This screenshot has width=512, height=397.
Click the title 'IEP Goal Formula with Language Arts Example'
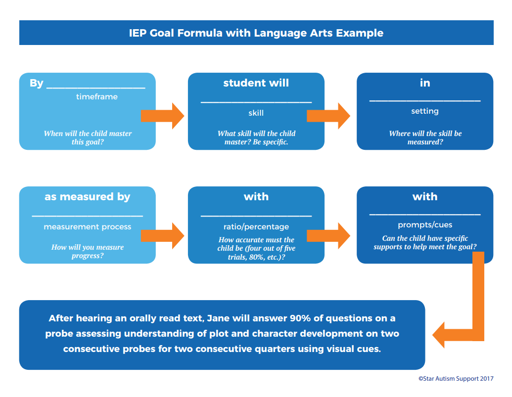(256, 33)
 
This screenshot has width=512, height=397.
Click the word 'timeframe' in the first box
(97, 97)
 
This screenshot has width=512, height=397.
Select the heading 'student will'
(256, 83)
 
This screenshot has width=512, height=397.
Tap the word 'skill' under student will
(256, 113)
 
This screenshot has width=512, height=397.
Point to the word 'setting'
(424, 111)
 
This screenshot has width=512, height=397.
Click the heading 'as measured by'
(87, 197)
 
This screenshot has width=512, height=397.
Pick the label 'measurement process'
(87, 227)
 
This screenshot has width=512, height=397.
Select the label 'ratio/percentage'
(256, 227)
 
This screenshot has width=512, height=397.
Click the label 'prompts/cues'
(424, 225)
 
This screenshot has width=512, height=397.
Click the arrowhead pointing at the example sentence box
(442, 335)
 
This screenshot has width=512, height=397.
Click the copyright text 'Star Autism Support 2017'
(456, 379)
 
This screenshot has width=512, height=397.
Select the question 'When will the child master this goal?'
(88, 138)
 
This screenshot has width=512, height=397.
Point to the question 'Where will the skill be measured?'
(424, 138)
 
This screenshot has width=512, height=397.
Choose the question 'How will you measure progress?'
(88, 251)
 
